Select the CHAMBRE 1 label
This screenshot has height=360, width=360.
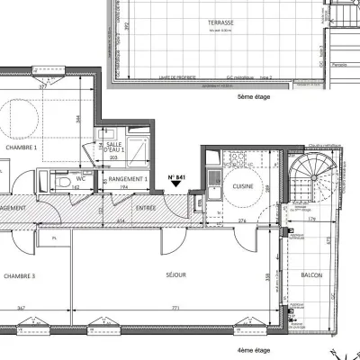(21, 147)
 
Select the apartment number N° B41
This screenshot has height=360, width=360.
(177, 176)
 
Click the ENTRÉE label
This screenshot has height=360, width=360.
(146, 208)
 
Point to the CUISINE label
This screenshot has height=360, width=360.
(241, 186)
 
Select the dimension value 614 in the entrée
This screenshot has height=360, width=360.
(121, 220)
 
